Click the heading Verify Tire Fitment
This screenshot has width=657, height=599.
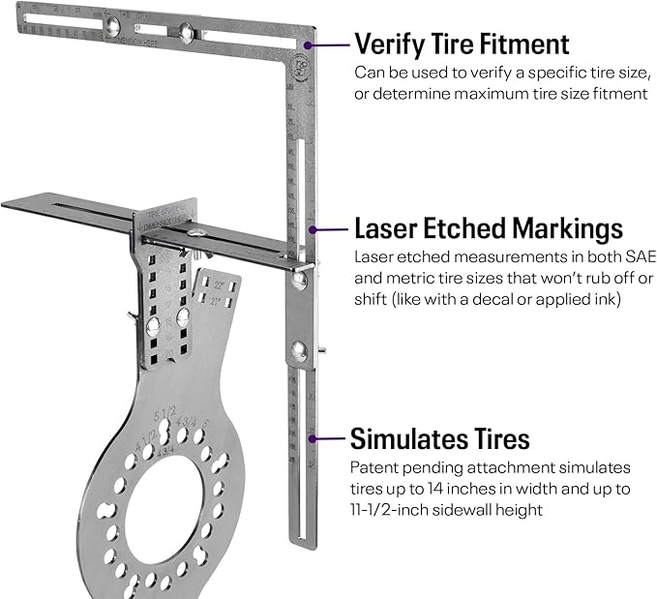tap(461, 45)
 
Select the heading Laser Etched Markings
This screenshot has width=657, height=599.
tap(488, 229)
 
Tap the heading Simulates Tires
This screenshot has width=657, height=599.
tap(439, 438)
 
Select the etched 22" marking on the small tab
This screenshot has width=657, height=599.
tap(224, 285)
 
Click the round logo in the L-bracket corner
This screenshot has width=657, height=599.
tap(294, 68)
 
